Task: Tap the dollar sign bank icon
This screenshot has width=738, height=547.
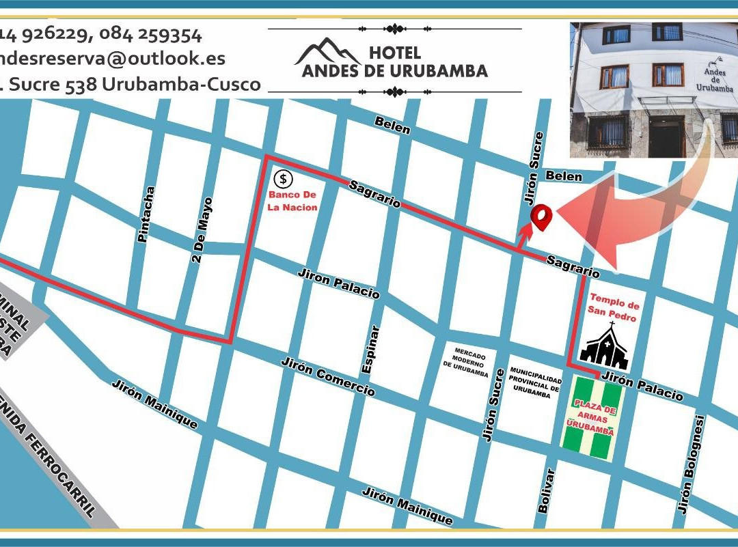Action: (283, 180)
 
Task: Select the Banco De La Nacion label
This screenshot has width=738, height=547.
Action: (292, 201)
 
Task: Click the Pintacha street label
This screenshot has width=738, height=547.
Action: (144, 214)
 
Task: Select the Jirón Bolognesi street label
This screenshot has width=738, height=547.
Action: (688, 464)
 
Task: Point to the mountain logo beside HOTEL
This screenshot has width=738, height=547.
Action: (328, 53)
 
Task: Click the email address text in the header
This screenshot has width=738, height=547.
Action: (113, 59)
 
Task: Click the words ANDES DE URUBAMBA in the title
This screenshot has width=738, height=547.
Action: (395, 70)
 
